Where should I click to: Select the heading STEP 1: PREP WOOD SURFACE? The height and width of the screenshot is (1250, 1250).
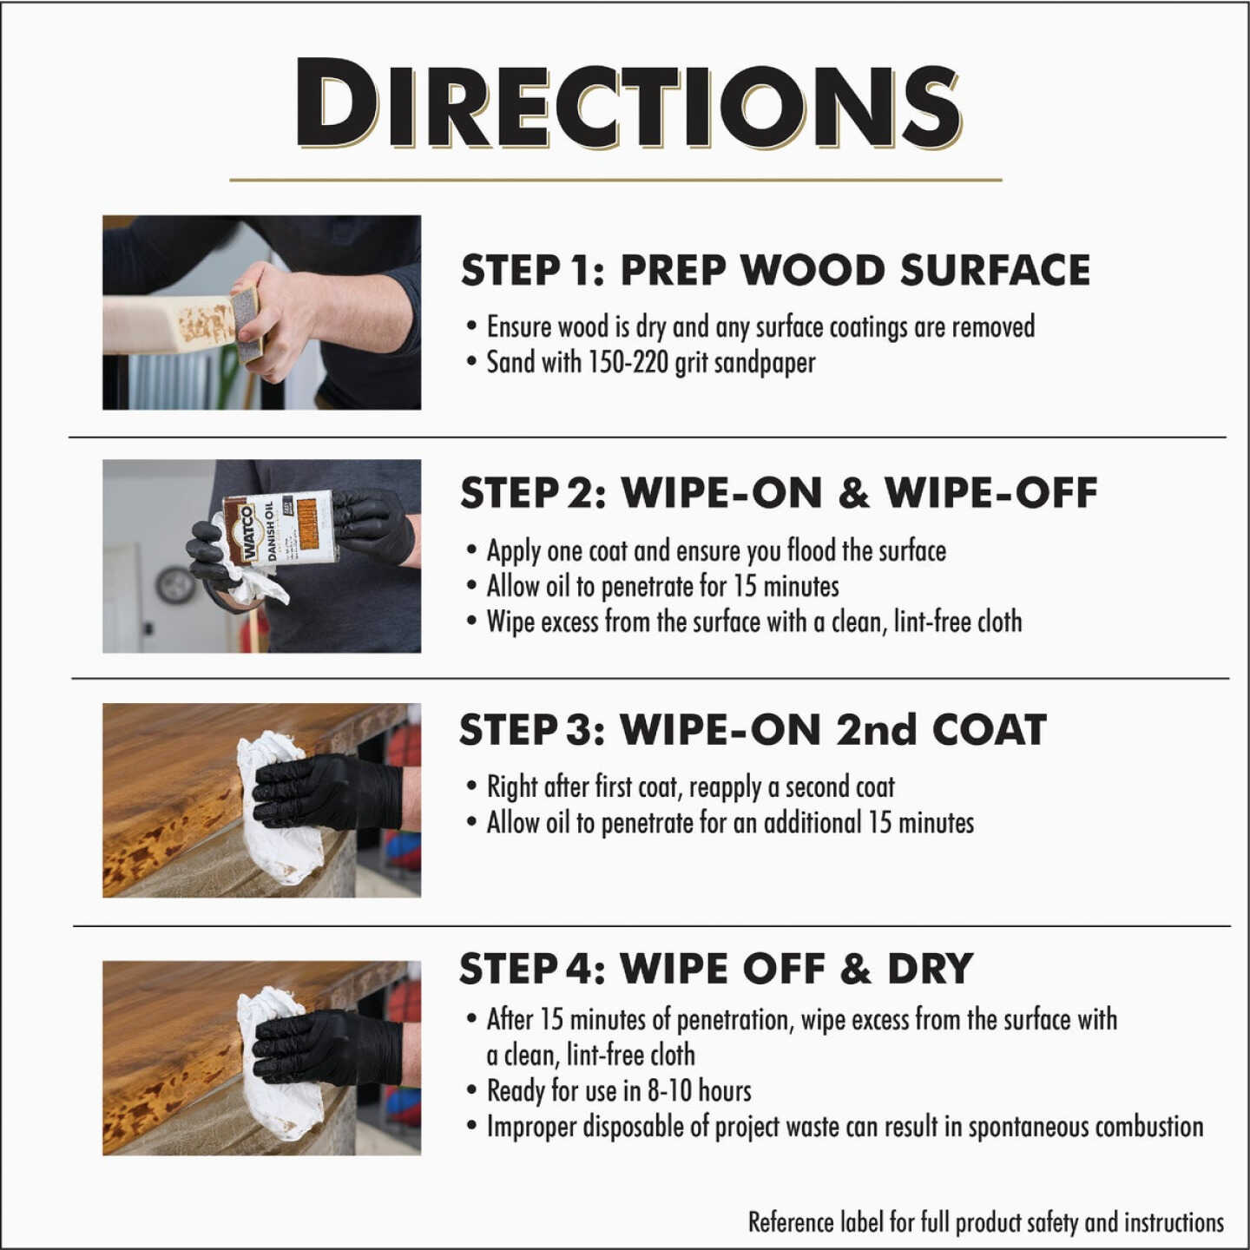774,271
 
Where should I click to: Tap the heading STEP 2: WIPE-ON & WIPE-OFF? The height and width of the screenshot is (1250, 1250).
778,493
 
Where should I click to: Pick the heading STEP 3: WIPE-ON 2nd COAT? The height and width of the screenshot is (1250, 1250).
752,730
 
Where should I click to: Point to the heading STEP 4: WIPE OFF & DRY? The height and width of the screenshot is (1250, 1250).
715,969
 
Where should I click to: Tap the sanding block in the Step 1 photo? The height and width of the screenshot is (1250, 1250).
247,321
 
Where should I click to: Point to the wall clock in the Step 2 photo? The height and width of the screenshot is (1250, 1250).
175,586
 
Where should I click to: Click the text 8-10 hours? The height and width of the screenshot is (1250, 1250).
699,1091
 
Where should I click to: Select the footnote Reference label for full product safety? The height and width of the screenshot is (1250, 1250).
985,1222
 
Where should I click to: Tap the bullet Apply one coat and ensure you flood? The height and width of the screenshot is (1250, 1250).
715,551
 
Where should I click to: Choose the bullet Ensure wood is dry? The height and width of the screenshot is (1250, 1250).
760,327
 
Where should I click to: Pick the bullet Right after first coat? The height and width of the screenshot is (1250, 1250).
690,787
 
